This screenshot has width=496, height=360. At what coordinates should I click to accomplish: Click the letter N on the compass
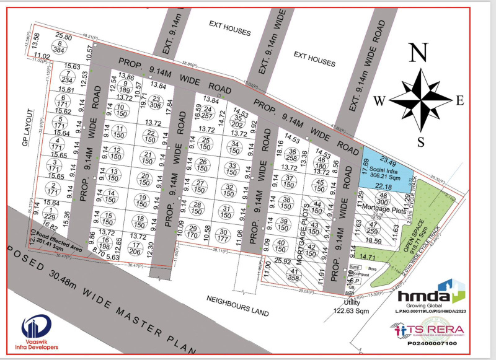(x=420, y=53)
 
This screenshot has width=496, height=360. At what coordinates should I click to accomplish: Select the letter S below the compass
(x=421, y=141)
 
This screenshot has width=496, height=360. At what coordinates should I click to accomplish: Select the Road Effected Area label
(x=60, y=239)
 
